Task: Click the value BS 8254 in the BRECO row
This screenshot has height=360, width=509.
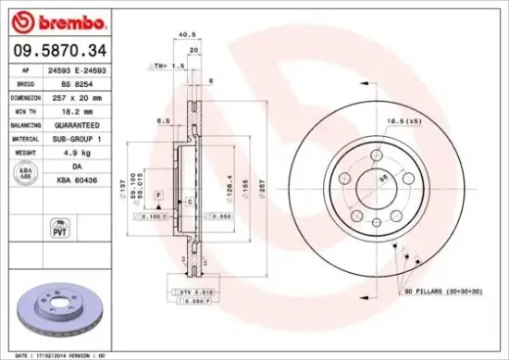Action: (75, 82)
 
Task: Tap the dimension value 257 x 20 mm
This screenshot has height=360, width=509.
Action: (75, 96)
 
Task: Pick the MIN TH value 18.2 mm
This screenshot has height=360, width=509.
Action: (75, 109)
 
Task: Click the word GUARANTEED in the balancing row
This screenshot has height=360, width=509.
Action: (75, 123)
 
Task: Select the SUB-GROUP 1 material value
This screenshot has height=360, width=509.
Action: (75, 137)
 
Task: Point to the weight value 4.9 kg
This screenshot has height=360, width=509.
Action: (75, 151)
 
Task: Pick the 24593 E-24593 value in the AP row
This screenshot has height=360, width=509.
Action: (75, 69)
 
